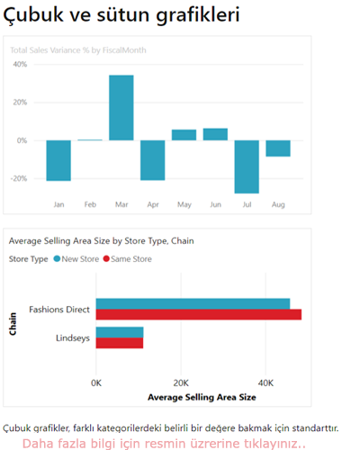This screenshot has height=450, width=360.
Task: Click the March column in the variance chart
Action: [x=121, y=107]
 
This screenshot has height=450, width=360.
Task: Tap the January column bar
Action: [x=58, y=160]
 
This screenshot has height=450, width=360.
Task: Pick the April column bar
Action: [x=153, y=159]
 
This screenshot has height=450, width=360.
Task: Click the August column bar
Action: [x=278, y=148]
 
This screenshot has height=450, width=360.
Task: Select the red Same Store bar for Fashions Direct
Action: [x=198, y=314]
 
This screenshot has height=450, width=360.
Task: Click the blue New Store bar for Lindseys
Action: [x=120, y=332]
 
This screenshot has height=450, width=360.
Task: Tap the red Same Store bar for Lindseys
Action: [x=120, y=343]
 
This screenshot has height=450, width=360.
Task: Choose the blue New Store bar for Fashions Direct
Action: [x=193, y=303]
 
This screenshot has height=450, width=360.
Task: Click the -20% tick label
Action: [x=18, y=178]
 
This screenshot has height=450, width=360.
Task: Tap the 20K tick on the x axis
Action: [x=181, y=382]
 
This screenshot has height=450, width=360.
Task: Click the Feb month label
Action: [x=90, y=205]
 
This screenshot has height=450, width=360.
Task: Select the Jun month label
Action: [x=215, y=205]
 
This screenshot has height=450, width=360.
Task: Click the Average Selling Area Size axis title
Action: [x=202, y=396]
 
